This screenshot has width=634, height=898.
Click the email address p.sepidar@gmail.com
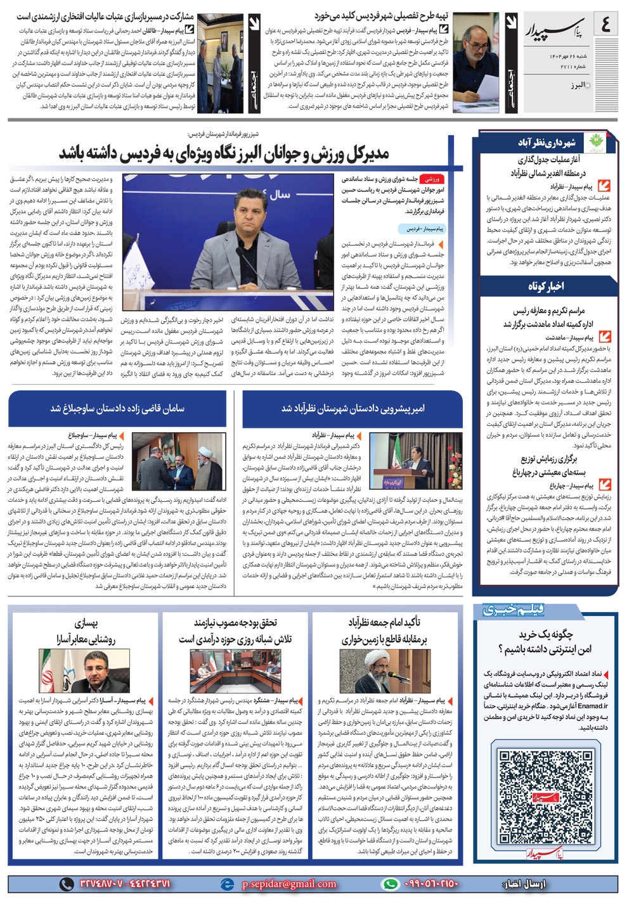pyautogui.click(x=288, y=883)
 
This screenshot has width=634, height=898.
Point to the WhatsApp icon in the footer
pyautogui.click(x=391, y=883)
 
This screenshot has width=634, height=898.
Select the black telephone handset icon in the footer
pyautogui.click(x=66, y=883)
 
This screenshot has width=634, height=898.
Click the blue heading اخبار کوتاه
pyautogui.click(x=546, y=286)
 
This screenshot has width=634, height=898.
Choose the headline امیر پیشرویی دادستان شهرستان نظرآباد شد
pyautogui.click(x=353, y=408)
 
